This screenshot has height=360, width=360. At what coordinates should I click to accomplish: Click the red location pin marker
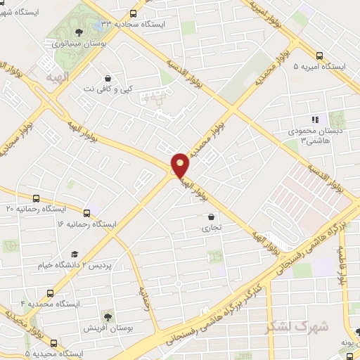(x=181, y=165)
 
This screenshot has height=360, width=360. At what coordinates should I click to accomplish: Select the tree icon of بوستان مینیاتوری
(x=79, y=32)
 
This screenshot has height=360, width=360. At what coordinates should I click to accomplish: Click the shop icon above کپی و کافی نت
(x=108, y=79)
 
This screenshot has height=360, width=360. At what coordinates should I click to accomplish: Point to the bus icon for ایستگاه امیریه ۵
(x=319, y=56)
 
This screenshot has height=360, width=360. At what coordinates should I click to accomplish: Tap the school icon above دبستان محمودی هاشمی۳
(x=315, y=120)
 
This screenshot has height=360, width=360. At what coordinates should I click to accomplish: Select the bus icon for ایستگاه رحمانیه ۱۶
(x=87, y=212)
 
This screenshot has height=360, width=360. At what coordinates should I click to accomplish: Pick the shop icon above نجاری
(x=211, y=217)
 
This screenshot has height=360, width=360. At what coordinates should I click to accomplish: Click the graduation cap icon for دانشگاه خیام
(x=74, y=255)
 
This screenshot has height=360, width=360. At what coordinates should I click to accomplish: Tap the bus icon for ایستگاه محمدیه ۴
(x=50, y=292)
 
